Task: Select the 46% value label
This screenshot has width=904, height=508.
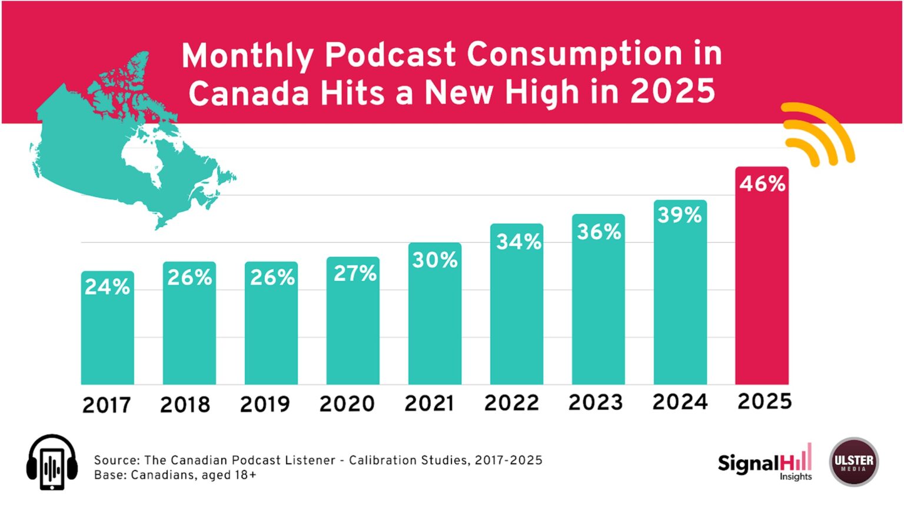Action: coord(762,184)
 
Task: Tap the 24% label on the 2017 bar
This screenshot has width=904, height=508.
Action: coord(107,287)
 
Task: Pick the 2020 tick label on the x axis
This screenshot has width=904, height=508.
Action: coord(347,404)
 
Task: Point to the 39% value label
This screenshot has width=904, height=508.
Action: coord(680,215)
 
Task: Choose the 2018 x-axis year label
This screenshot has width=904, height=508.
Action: coord(185,405)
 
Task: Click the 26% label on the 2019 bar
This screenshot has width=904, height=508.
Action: coord(272,278)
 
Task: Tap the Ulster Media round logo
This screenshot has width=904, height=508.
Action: coord(853,462)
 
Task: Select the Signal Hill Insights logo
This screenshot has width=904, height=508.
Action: coord(765,464)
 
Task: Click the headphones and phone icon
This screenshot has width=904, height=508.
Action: coord(52,463)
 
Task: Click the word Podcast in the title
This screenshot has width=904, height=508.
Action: coord(390,55)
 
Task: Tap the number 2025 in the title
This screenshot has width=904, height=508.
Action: coord(672,92)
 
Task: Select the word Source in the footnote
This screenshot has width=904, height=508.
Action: coord(116,460)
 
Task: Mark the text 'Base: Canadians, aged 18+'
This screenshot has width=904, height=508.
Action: coord(175,475)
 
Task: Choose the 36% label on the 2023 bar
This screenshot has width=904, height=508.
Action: coord(599,232)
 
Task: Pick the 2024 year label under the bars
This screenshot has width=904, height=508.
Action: coord(680,402)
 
